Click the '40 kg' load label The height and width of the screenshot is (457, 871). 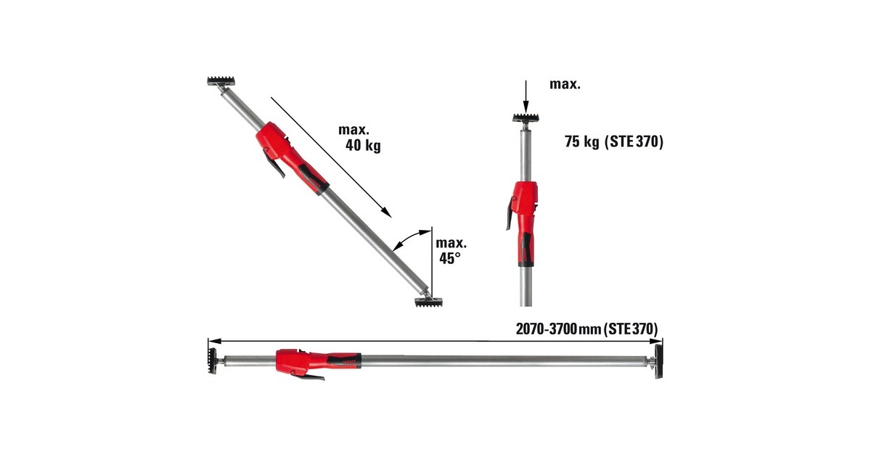tap(363, 146)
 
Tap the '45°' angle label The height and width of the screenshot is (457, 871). tap(449, 258)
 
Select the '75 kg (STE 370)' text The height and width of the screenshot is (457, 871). tap(614, 143)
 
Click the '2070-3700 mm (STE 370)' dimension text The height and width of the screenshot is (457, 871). tap(587, 329)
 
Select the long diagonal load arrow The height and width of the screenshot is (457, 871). tap(331, 157)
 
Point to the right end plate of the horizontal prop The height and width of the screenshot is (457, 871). tap(658, 360)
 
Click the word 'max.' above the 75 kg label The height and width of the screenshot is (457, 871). tap(564, 84)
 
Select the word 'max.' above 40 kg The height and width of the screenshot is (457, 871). tap(353, 131)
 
